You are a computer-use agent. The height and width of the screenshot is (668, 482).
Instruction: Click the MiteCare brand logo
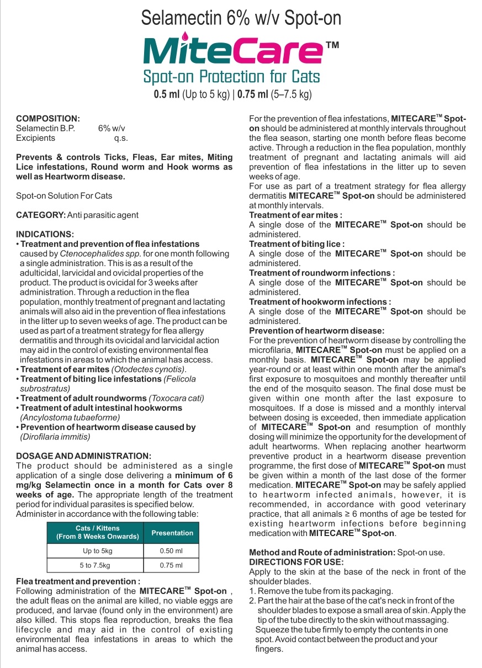(234, 50)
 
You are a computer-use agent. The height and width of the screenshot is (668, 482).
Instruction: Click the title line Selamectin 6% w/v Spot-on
(241, 18)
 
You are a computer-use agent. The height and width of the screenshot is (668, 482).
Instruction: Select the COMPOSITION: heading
(48, 118)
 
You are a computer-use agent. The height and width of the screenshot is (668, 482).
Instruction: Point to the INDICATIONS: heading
(45, 234)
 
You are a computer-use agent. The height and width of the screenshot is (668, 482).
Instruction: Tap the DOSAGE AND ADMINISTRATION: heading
(83, 455)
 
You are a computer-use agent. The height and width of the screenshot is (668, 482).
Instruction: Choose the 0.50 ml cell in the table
(171, 551)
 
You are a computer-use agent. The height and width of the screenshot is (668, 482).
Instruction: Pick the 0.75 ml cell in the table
(171, 565)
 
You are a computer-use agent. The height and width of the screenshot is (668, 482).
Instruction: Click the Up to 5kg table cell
(95, 551)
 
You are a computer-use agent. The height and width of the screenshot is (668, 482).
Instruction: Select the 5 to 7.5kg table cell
(95, 565)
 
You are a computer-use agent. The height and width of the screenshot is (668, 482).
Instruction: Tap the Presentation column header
(172, 533)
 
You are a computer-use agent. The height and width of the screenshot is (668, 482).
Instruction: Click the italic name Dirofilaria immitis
(55, 437)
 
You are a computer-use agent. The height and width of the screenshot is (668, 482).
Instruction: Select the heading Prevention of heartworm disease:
(316, 331)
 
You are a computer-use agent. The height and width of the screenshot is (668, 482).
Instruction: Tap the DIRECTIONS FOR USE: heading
(296, 562)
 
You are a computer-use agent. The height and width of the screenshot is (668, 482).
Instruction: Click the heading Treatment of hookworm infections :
(320, 302)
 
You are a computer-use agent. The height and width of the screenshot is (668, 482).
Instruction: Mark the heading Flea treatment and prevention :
(78, 581)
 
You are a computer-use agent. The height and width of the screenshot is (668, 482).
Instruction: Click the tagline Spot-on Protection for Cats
(231, 76)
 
